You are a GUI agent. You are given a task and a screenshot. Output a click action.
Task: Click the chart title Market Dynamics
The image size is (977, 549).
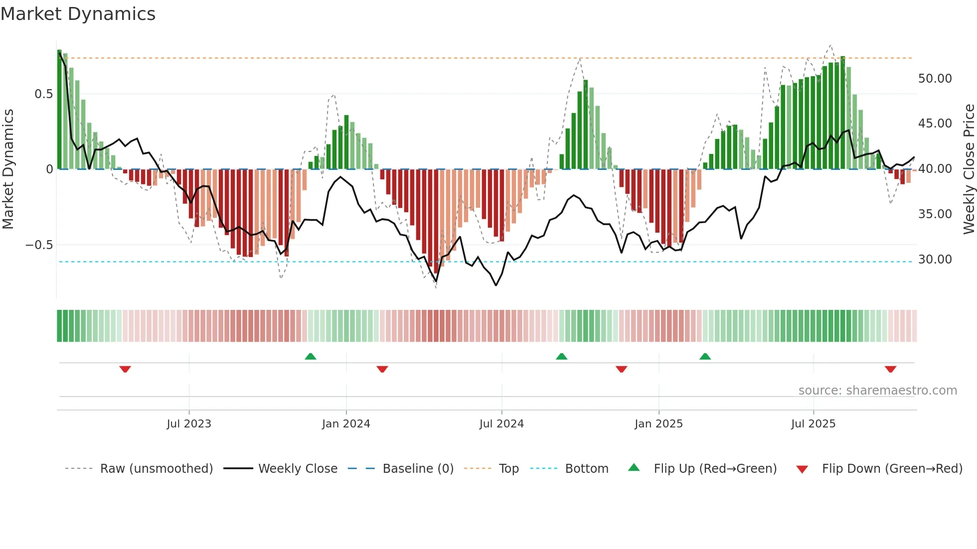78,14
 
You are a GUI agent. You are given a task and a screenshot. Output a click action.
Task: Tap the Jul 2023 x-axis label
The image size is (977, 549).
189,424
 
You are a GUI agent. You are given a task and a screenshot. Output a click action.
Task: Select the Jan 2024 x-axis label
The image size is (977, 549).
346,424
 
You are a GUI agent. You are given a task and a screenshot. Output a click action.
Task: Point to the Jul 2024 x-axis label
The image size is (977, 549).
501,424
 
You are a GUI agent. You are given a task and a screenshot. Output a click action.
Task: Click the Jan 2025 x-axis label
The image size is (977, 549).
658,424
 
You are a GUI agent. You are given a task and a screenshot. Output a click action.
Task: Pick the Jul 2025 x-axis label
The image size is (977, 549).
813,424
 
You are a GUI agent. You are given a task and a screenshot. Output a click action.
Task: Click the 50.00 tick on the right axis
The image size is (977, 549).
935,79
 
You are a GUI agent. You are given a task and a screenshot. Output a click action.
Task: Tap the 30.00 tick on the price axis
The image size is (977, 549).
935,260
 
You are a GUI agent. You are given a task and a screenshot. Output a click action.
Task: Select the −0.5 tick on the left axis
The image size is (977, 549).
39,245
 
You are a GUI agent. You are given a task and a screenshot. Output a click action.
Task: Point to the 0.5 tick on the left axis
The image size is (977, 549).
43,94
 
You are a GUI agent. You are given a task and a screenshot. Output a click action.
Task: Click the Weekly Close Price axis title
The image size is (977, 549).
969,169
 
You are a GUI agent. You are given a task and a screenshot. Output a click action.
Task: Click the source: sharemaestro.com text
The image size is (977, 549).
877,391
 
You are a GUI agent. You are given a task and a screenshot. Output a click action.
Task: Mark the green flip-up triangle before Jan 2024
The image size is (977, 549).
311,356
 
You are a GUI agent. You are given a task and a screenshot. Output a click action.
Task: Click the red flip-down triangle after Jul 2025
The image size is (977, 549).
891,369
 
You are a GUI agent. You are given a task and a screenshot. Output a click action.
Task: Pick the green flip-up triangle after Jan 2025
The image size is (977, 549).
705,356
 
